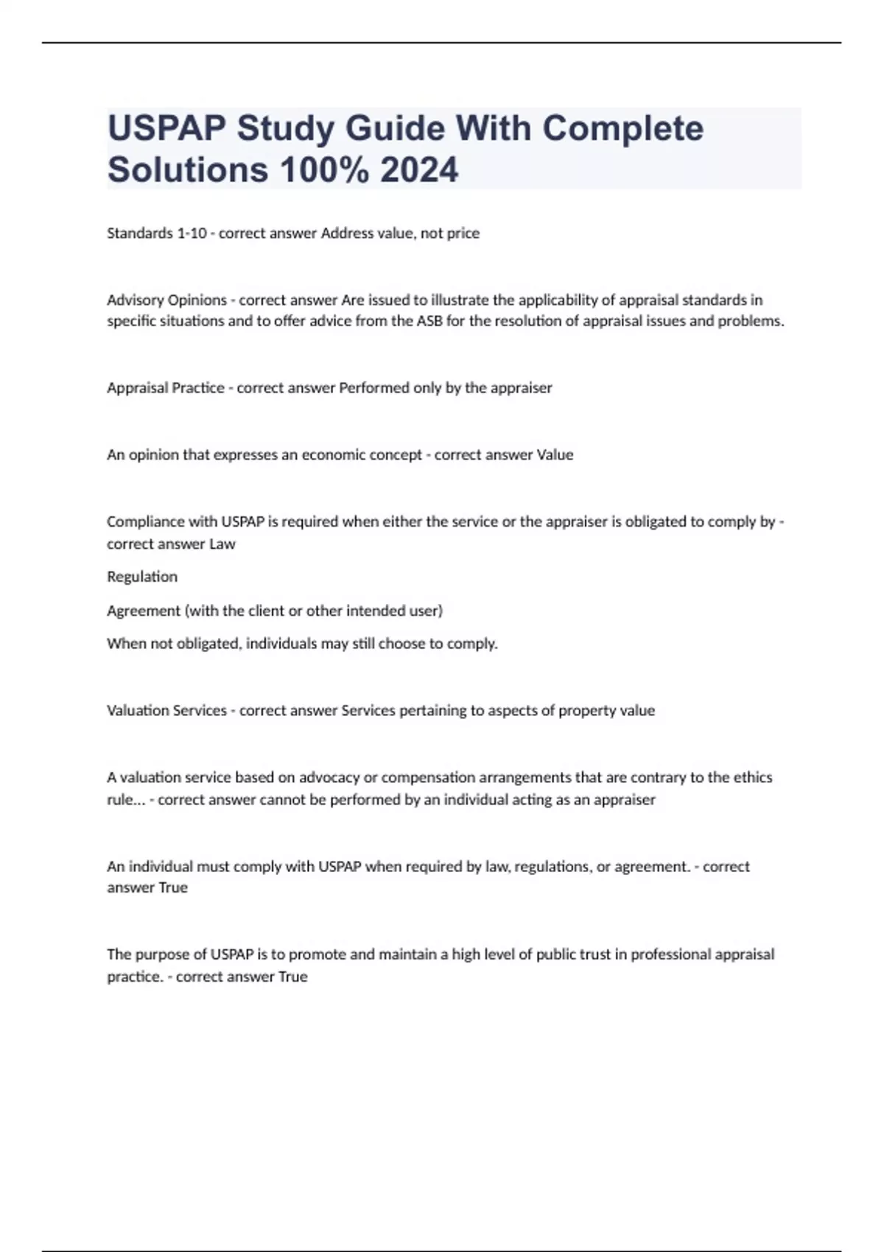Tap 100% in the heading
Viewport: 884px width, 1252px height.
tap(324, 169)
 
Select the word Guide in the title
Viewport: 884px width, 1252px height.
tap(394, 128)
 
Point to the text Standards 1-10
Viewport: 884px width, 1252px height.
tap(156, 233)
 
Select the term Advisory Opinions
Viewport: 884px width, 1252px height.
tap(166, 300)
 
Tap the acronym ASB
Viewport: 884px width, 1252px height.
tap(429, 321)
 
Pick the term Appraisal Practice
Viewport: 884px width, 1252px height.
tap(166, 388)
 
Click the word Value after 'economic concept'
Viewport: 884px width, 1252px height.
tap(555, 455)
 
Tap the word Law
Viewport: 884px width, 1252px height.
tap(222, 544)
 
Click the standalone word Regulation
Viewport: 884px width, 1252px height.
tap(142, 577)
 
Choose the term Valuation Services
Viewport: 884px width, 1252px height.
tap(166, 711)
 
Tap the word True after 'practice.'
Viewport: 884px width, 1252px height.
tap(292, 977)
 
